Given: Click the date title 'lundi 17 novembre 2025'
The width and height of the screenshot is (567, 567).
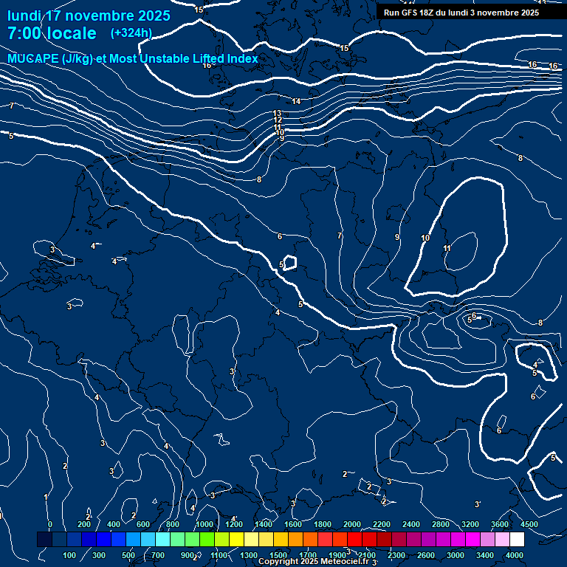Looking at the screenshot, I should coord(89,16).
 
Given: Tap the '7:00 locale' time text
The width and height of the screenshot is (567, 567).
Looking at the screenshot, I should coord(52,34).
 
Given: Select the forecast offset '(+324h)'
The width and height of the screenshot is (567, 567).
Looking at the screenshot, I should coord(131,33).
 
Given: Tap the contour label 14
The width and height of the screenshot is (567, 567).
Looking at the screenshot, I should coord(296,101).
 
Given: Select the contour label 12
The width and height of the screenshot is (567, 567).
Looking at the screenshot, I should coord(278,120).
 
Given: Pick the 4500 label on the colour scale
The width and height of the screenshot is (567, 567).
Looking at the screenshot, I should coord(529,524).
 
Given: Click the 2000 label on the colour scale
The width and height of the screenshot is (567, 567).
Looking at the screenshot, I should coord(352,524).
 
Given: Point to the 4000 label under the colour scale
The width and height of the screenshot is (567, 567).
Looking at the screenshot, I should coord(515,555).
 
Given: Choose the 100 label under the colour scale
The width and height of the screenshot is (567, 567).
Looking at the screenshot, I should coord(70,555).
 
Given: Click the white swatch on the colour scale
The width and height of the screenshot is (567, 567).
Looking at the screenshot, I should coord(537,540).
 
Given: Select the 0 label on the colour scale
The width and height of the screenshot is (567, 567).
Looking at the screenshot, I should coord(50,524).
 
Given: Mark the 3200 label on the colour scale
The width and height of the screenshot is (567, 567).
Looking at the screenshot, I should coord(470,524).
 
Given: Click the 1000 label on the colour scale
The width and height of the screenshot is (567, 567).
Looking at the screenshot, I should coord(205,524).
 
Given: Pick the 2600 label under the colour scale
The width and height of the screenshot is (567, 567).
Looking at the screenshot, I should coord(426,555).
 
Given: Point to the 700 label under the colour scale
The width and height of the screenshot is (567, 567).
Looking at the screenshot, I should coord(158,555).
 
